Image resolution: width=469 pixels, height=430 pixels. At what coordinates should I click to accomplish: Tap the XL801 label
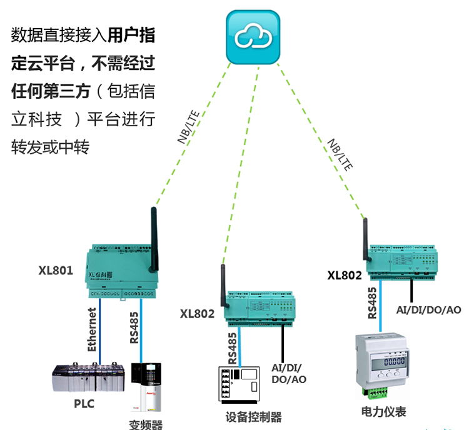point(56,271)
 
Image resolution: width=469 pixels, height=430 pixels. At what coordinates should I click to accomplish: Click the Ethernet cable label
point(93,330)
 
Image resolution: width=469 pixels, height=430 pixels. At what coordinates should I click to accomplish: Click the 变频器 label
point(146,424)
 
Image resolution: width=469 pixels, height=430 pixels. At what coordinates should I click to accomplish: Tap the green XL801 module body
point(122,272)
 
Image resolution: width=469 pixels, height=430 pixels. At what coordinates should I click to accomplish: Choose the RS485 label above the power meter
point(371,303)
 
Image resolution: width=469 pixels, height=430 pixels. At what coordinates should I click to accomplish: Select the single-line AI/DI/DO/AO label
point(429,309)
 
